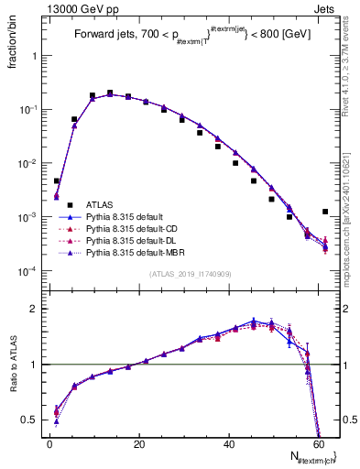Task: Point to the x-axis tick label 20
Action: coord(138,444)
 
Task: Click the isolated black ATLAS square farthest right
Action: coord(325,212)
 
